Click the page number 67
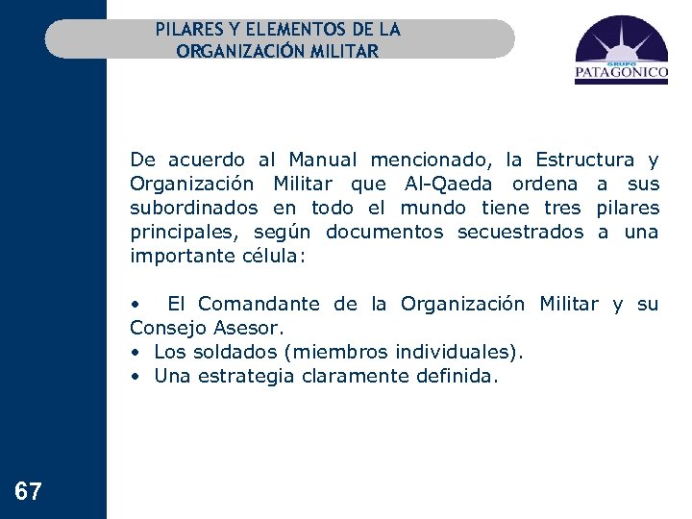29,493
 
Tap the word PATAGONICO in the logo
621,70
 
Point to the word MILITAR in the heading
344,50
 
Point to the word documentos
384,232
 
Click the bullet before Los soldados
136,353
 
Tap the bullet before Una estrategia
136,377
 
